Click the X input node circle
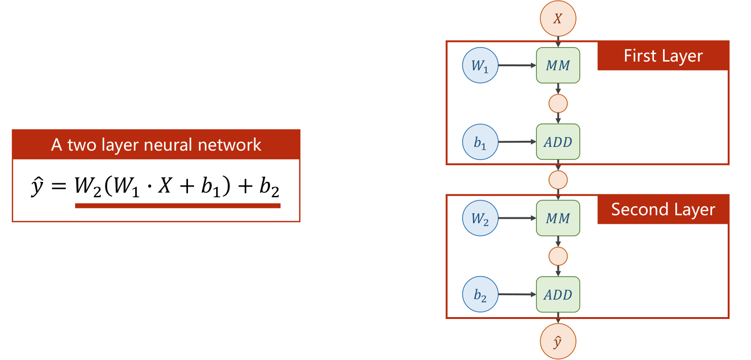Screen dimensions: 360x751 [x=558, y=19]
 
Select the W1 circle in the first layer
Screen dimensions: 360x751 [x=480, y=65]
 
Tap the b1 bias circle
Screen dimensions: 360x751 [x=480, y=142]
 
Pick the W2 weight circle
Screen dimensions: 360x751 [x=480, y=218]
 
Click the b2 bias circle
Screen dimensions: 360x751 [x=480, y=295]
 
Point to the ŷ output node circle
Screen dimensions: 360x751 [x=558, y=341]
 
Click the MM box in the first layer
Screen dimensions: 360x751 [x=558, y=65]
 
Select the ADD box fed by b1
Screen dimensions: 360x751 [x=558, y=142]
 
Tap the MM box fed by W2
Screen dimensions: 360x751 [x=558, y=218]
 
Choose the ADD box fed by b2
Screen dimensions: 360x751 [x=558, y=295]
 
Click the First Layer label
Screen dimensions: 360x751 [x=663, y=56]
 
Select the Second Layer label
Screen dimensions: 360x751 [x=663, y=210]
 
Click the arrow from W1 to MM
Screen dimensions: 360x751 [x=517, y=65]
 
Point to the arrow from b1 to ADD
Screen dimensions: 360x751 [x=517, y=142]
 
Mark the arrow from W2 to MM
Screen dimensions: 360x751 [x=517, y=218]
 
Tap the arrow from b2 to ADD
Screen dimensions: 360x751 [x=517, y=295]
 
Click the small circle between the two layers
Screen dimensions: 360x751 [x=558, y=180]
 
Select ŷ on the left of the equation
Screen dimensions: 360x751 [x=37, y=186]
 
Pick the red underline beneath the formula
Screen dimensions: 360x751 [x=177, y=206]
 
